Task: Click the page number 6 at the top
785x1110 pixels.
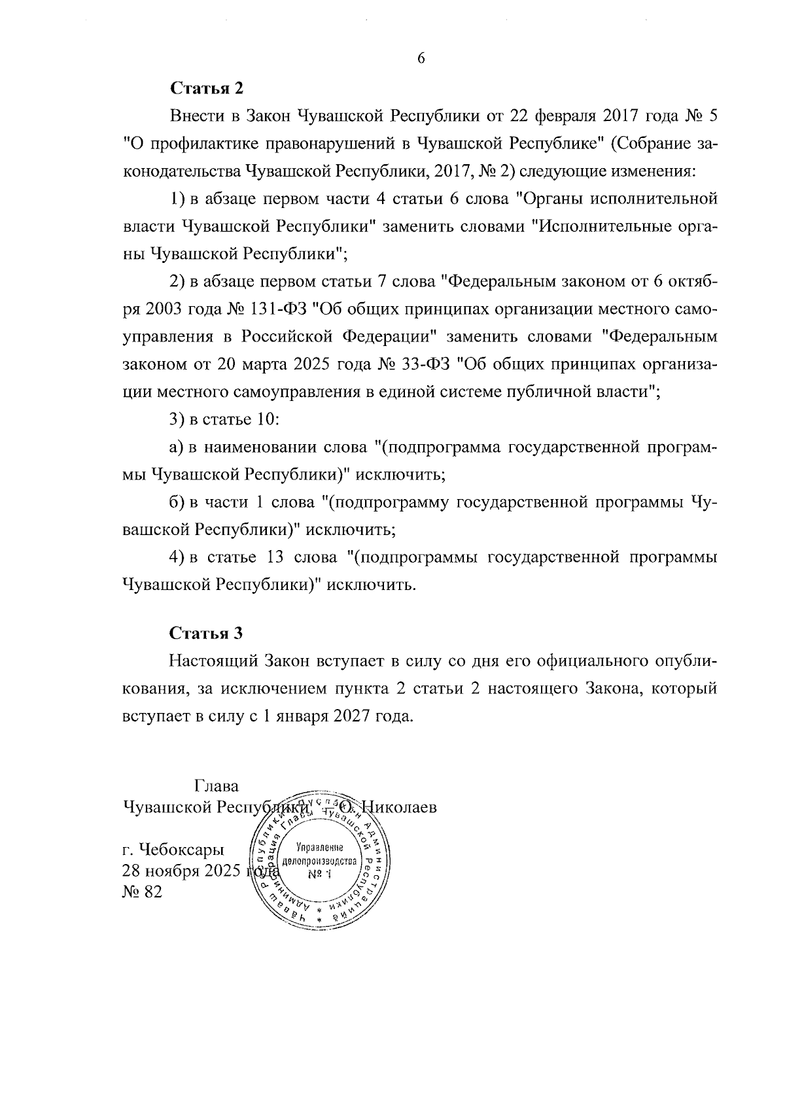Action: [x=421, y=59]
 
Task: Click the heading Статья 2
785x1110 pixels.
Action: [x=206, y=88]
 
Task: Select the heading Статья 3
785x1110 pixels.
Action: [x=206, y=633]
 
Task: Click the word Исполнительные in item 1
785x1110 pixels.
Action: [x=601, y=226]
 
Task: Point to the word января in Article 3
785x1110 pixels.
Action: [x=301, y=716]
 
